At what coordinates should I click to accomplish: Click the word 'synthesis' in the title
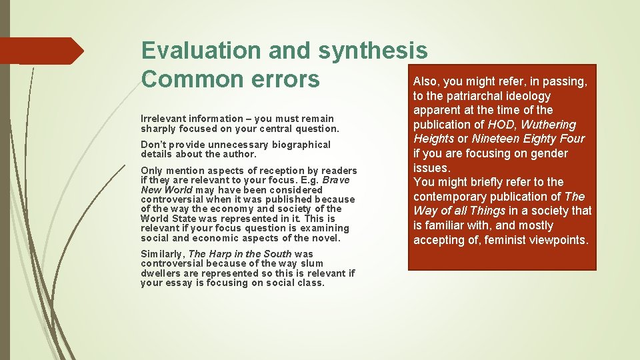point(373,51)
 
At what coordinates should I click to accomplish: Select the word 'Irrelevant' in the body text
point(161,119)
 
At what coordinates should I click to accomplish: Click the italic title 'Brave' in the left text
point(335,180)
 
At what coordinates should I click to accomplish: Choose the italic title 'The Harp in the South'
point(240,254)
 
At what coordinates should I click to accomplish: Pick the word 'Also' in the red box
point(425,81)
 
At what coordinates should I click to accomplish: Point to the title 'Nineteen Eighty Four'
point(527,139)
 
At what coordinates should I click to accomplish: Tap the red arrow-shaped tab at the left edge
point(40,51)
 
